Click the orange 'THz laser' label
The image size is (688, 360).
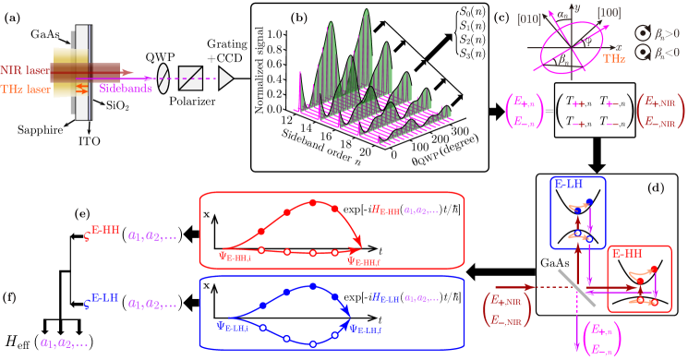(x=24, y=90)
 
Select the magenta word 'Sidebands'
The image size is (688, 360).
(x=127, y=89)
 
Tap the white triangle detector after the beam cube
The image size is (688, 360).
(x=225, y=78)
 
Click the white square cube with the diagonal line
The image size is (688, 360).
(x=190, y=78)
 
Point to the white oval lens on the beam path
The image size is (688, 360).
(x=163, y=78)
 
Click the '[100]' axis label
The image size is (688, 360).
(x=610, y=13)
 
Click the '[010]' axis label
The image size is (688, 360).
(x=529, y=18)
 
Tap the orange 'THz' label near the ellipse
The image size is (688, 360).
(x=614, y=58)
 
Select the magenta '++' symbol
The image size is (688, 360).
(x=580, y=104)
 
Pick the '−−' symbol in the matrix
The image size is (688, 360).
(x=611, y=124)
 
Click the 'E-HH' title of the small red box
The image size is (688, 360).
(x=627, y=252)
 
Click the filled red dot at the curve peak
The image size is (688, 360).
(x=312, y=201)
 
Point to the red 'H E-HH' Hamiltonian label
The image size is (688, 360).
(x=386, y=210)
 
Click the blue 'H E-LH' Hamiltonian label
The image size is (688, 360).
(x=386, y=297)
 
